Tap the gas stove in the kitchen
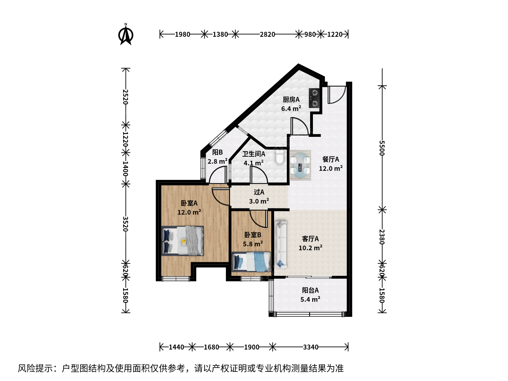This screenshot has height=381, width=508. [315, 98]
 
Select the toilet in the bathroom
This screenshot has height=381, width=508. [279, 157]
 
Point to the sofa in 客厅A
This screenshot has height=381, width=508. [281, 244]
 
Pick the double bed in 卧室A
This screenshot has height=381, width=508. [183, 241]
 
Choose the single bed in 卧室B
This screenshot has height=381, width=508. [251, 262]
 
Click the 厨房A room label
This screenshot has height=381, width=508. [291, 100]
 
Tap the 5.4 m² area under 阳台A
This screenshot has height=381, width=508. [310, 300]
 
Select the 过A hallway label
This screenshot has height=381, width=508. [259, 192]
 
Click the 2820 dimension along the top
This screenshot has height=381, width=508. [267, 35]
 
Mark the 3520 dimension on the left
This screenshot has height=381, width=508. [125, 224]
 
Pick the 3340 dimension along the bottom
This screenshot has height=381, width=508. [310, 347]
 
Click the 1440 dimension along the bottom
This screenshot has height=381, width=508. [176, 347]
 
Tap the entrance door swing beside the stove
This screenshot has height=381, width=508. [337, 95]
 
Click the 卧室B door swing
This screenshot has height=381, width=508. [259, 219]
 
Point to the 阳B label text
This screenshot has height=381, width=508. [217, 152]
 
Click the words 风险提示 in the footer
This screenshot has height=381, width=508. [36, 368]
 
